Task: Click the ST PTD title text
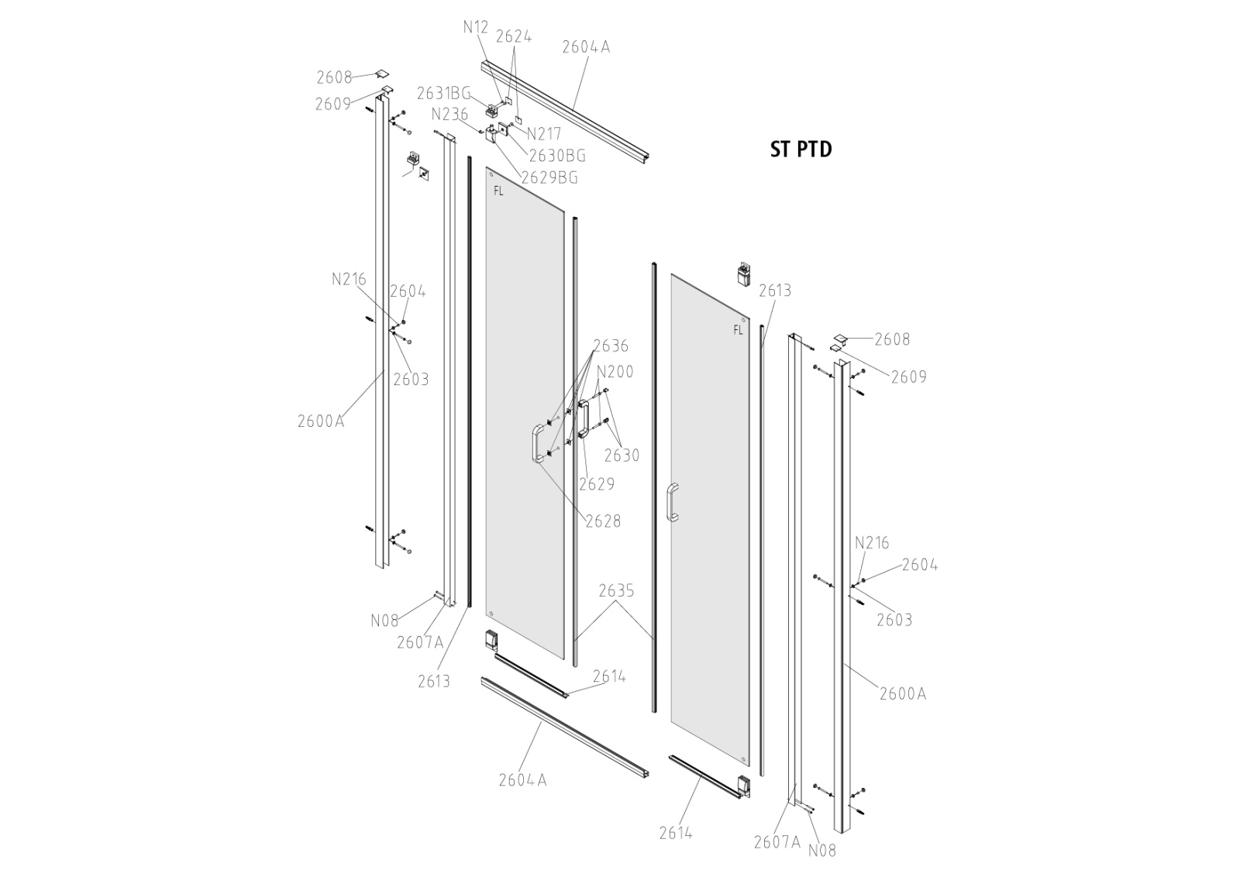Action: point(801,149)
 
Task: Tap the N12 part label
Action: point(476,27)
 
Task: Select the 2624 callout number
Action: point(513,36)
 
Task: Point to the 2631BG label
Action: point(443,94)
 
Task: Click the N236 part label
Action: point(449,115)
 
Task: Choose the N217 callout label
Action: point(543,134)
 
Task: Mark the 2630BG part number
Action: point(557,156)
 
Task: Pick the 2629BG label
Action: point(549,177)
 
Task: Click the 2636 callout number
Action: point(611,346)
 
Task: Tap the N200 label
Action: point(615,372)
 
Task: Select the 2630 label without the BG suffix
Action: point(622,455)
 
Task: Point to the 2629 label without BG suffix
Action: point(597,484)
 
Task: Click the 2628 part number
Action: point(603,521)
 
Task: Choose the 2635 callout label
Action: point(616,591)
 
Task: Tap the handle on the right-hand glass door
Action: point(672,501)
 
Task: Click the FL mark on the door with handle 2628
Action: point(498,191)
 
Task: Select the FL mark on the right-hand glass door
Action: point(738,330)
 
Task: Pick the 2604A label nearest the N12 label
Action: point(586,46)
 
